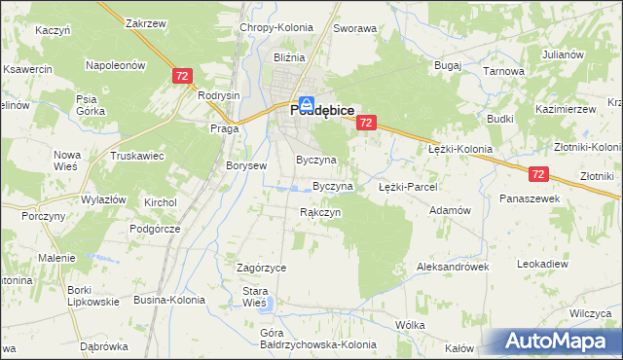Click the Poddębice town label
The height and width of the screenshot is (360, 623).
click(x=320, y=112)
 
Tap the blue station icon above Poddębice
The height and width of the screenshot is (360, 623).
click(x=306, y=101)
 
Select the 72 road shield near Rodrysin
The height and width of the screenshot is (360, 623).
click(x=182, y=76)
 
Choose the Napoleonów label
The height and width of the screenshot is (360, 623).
click(x=115, y=65)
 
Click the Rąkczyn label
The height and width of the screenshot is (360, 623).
click(x=319, y=211)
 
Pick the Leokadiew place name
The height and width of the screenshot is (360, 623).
click(x=542, y=264)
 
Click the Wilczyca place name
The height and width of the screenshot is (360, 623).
click(x=590, y=313)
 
